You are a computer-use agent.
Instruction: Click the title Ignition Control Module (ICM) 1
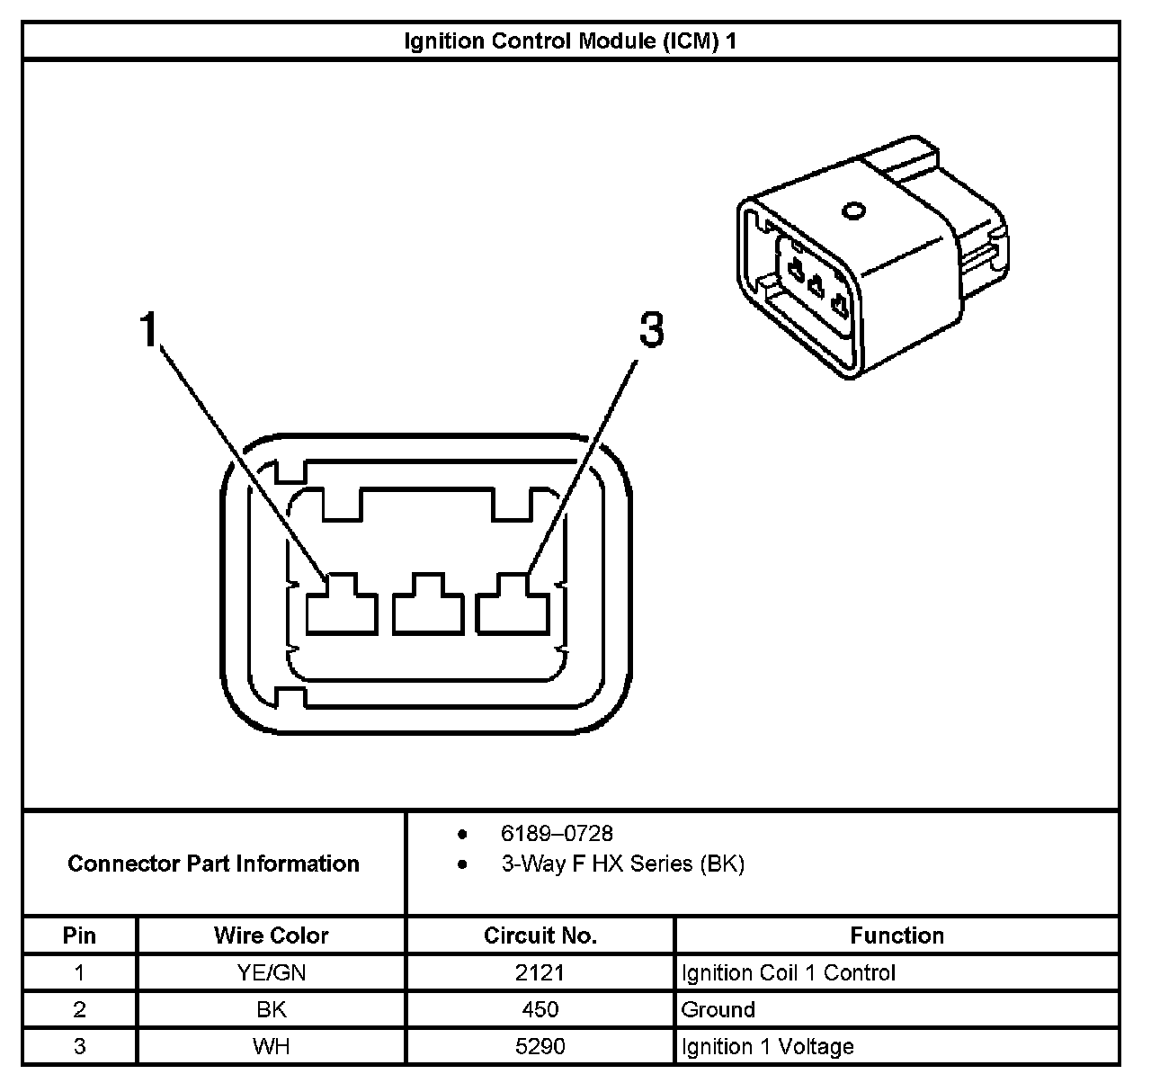570,41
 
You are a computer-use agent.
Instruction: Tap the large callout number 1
148,330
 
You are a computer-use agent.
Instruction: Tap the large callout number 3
651,330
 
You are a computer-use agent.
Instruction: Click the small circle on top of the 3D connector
852,212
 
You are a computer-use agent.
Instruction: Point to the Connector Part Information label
213,864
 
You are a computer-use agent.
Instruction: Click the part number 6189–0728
557,834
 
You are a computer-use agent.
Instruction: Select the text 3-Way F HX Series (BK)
622,864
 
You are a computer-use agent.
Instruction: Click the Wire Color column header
271,935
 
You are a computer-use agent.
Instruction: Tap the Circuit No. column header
540,935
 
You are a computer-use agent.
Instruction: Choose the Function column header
897,935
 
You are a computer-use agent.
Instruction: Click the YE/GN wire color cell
271,972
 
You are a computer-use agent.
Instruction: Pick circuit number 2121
540,972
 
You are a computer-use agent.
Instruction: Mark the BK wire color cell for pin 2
271,1009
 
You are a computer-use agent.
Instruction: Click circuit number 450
540,1009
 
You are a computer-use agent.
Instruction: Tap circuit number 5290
540,1046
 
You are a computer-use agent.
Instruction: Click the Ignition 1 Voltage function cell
767,1046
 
